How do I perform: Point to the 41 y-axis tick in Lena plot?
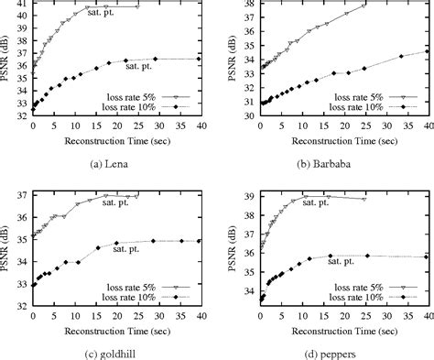click(24, 5)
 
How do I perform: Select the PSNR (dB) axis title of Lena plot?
click(7, 64)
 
